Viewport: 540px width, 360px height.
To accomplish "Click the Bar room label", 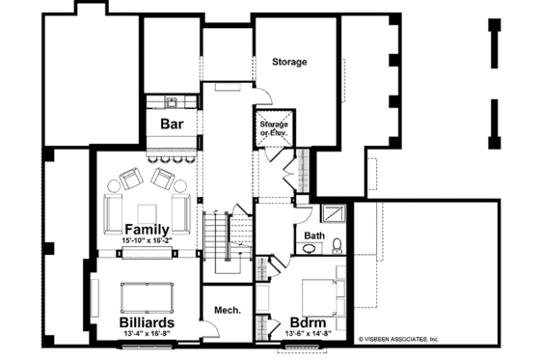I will click(172, 124).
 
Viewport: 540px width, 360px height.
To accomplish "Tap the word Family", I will click(148, 229).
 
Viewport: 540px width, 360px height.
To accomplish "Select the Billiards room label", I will click(148, 320).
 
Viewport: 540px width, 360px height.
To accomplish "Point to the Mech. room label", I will click(226, 311).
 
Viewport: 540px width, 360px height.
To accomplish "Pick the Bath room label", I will click(314, 235).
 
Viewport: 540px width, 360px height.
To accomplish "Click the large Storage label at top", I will click(288, 63).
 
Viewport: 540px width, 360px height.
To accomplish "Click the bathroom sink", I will click(308, 249).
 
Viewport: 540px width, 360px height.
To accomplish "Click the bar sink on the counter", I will click(171, 101).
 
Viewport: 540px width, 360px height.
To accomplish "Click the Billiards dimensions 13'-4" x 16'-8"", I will click(148, 334).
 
